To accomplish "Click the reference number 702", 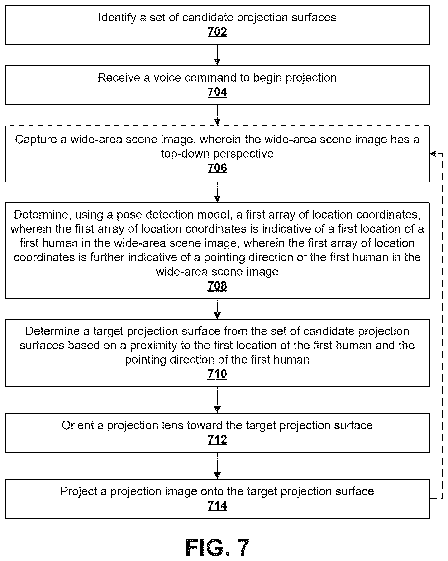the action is coord(217,32).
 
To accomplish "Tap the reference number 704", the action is coord(217,92).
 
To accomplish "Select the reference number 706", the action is coord(217,168).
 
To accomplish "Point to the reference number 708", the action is coord(217,286).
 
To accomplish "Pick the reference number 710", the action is coord(217,374).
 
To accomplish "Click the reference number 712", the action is coord(217,440).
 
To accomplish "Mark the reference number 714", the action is coord(217,506).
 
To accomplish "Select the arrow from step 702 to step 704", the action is coord(217,55).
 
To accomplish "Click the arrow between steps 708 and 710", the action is coord(217,309).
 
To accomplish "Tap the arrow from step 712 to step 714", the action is coord(217,466).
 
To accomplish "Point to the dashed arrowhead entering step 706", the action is coord(433,154).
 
